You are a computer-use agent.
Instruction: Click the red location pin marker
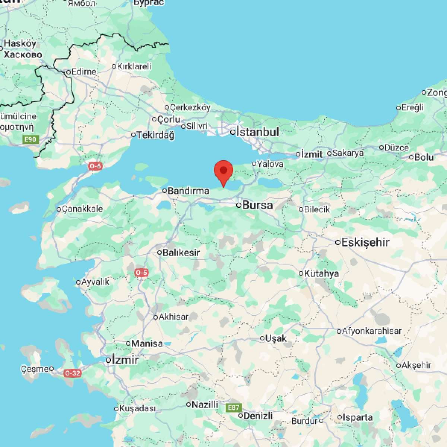point(223,172)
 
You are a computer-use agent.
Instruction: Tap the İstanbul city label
point(258,132)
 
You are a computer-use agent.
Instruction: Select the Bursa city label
point(257,205)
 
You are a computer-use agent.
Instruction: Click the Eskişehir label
point(365,242)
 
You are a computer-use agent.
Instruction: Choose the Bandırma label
point(188,191)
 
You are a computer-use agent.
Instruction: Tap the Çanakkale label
point(82,209)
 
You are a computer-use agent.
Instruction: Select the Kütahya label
point(321,273)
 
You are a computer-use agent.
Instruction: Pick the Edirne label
point(83,72)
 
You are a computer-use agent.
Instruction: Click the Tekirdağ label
point(155,135)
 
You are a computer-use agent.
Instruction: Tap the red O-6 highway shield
point(95,166)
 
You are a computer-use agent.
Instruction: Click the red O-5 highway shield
point(142,273)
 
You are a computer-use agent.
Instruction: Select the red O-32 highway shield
point(72,373)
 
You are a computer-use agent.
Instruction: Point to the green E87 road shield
point(234,408)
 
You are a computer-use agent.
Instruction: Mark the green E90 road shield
point(30,140)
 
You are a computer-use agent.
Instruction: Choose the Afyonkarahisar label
point(372,331)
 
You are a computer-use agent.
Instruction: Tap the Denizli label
point(258,416)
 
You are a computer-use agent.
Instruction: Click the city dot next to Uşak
point(262,338)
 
